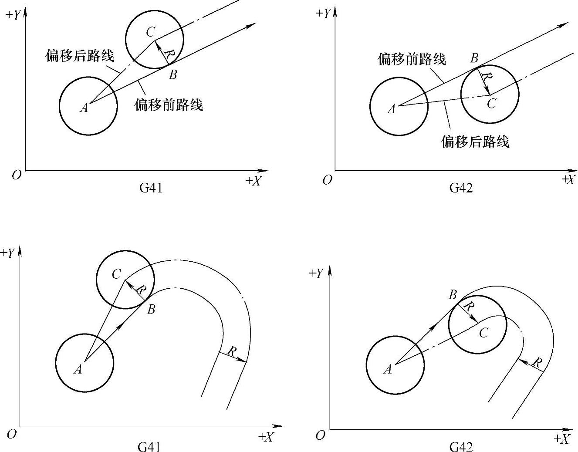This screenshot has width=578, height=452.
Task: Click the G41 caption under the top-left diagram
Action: pos(151,188)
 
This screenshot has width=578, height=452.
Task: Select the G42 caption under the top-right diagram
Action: pos(461,188)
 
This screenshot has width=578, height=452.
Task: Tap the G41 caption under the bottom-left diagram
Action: pos(149,447)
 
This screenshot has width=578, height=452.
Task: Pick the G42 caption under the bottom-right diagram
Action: pos(461,447)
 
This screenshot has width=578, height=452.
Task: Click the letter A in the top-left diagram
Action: pos(84,108)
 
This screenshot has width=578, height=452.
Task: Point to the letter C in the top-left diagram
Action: pos(151,32)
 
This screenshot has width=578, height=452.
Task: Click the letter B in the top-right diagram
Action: pos(474,58)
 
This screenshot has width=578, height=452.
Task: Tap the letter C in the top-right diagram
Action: pos(491,104)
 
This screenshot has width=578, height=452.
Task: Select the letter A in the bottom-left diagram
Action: pos(78,370)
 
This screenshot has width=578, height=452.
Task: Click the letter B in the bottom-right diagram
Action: pos(453,295)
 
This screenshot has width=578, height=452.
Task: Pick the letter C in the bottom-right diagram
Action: pos(483,334)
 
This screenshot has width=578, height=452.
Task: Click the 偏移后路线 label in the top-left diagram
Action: pos(80,56)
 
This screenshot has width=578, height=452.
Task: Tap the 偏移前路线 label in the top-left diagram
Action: pos(169,105)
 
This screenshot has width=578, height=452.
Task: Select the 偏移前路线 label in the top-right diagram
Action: pos(412,59)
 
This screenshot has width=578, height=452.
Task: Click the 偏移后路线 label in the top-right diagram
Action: pos(475,142)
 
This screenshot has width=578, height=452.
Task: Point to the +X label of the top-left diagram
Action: pos(253,181)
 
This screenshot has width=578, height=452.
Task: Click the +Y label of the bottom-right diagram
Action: pos(316,273)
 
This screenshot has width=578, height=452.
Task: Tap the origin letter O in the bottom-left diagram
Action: pos(12,434)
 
